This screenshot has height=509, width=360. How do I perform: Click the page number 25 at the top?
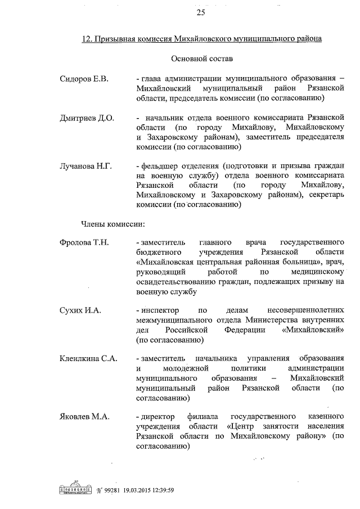coord(201,13)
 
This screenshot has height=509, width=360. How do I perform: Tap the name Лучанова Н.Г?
coord(86,166)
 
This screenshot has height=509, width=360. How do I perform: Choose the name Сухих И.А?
coord(80,310)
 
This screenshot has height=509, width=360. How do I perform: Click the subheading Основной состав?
coord(201,58)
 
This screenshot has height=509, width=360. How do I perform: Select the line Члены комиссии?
coord(112,224)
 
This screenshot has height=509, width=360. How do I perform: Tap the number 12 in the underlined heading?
coord(87,39)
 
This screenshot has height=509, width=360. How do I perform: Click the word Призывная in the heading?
coord(118,39)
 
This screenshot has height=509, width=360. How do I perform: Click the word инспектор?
coord(160,310)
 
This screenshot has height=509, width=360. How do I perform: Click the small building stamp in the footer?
coord(74,488)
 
